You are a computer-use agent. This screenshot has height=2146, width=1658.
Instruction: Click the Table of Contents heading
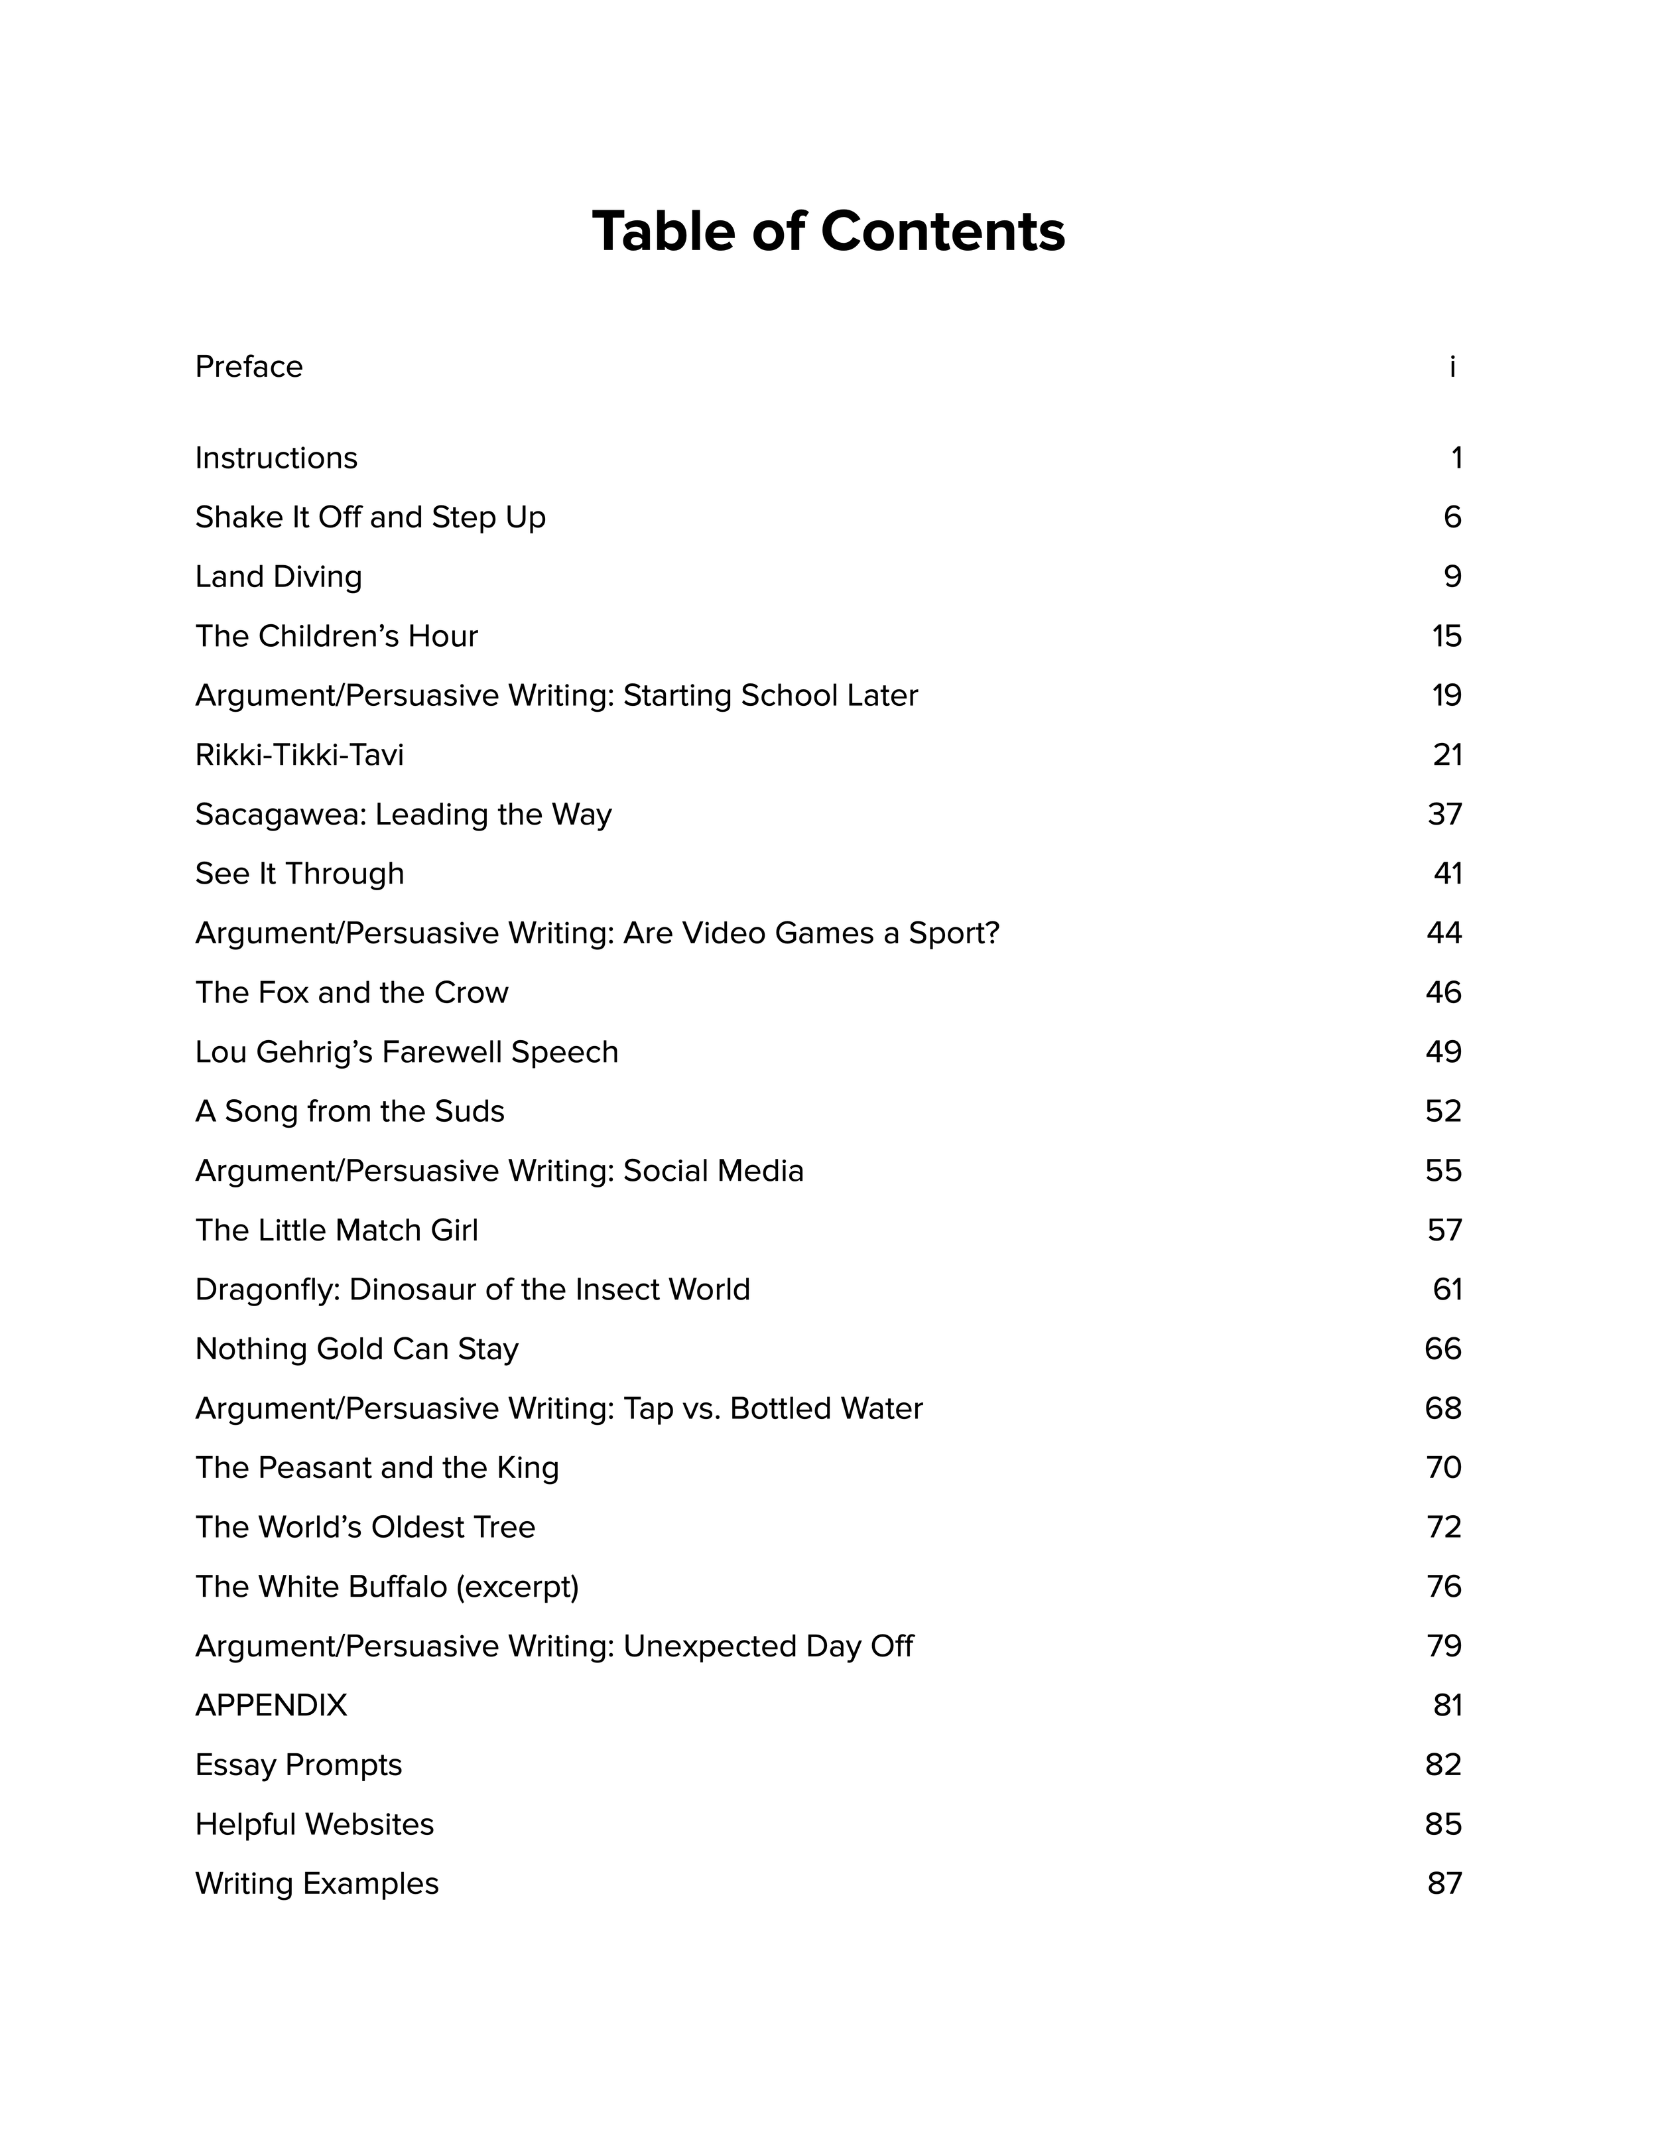(x=828, y=232)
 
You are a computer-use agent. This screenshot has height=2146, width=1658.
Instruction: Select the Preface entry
(x=249, y=366)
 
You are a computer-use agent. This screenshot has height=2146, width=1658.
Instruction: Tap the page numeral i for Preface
(x=1452, y=366)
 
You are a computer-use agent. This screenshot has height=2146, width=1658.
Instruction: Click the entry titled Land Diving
(x=278, y=576)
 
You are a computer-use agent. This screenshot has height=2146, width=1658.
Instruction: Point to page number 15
(x=1446, y=637)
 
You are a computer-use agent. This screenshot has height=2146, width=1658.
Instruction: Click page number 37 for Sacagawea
(x=1444, y=815)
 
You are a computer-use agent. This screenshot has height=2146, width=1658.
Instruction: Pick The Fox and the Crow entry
(x=351, y=992)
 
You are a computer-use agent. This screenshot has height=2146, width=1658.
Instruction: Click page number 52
(x=1443, y=1111)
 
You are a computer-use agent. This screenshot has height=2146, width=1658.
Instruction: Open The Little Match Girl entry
(x=336, y=1230)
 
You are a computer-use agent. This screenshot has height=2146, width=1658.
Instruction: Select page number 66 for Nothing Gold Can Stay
(x=1443, y=1349)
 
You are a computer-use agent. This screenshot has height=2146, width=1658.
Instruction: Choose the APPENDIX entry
(x=271, y=1705)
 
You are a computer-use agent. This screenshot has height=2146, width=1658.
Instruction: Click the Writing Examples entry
(x=316, y=1884)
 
